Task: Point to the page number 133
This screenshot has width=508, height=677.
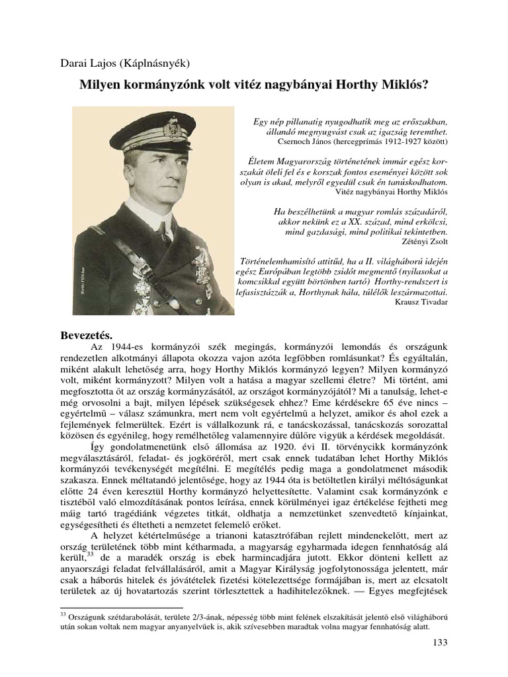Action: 439,643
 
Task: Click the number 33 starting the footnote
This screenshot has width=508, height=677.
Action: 63,614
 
